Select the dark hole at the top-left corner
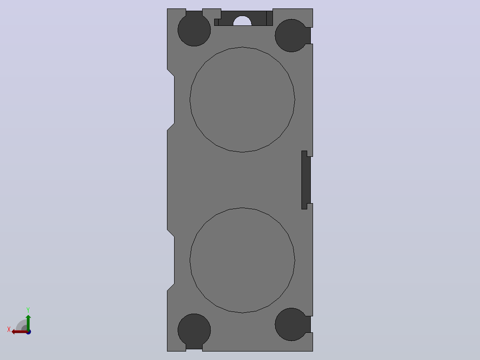(x=194, y=30)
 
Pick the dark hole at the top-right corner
(x=291, y=36)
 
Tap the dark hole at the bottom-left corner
(x=194, y=330)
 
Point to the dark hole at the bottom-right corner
(x=291, y=324)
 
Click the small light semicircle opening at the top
(x=242, y=21)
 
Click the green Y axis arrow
(x=28, y=323)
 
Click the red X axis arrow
(x=20, y=332)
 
